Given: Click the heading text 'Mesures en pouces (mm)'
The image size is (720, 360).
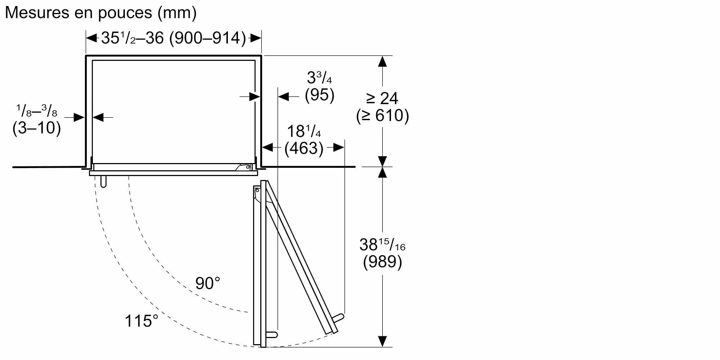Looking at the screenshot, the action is tap(101, 13).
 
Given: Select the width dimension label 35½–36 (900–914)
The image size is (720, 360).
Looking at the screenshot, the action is tap(174, 38).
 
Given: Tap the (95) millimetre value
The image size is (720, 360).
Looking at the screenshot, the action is tap(320, 95).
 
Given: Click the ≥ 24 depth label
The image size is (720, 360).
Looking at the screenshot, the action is tap(382, 98).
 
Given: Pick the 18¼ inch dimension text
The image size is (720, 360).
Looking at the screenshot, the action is tap(304, 131).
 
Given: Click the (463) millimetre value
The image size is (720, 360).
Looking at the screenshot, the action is tap(304, 148).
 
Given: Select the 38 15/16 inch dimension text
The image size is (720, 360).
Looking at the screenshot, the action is tap(382, 245).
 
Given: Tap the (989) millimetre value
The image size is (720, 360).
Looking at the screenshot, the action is tap(382, 262).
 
